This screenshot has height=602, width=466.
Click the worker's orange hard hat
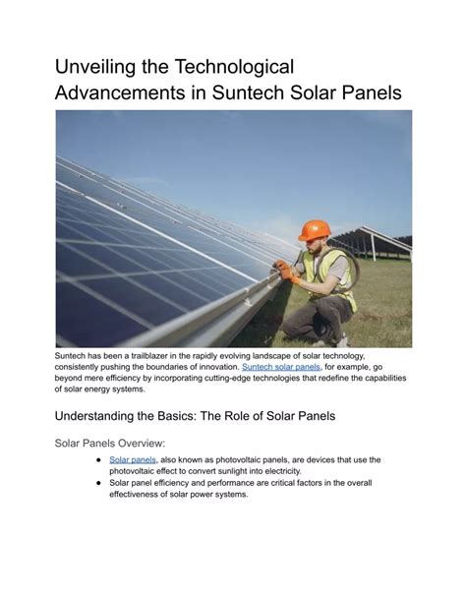(x=314, y=230)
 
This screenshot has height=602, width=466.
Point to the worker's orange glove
(x=286, y=271)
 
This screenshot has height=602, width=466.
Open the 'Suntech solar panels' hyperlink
(x=281, y=367)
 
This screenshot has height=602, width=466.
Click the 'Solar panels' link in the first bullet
(x=133, y=459)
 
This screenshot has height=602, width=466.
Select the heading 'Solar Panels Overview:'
(x=110, y=443)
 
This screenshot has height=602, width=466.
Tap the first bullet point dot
(x=98, y=460)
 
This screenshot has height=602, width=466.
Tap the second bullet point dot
(x=98, y=483)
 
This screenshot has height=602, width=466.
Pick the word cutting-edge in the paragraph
(x=225, y=378)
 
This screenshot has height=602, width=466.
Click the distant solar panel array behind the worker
(x=371, y=241)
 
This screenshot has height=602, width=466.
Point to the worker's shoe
(x=342, y=340)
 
